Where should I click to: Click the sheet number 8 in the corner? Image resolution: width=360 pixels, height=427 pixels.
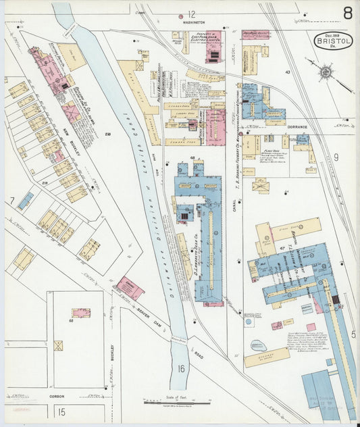tap(346, 14)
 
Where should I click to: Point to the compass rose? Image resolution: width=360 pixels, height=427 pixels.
tap(326, 71)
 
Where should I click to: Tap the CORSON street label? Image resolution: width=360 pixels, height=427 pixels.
tap(55, 397)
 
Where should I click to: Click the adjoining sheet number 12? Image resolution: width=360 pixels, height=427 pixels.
tap(191, 14)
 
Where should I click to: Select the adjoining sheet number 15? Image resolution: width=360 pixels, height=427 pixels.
tap(61, 411)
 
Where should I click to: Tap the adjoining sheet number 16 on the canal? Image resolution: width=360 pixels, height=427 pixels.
tap(180, 368)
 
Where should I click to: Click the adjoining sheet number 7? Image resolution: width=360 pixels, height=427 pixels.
tap(11, 201)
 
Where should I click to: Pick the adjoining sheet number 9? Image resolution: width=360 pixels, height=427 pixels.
tap(335, 157)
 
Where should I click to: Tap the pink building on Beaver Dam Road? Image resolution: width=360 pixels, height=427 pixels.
tap(130, 288)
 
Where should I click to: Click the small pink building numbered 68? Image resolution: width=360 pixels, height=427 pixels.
tap(81, 313)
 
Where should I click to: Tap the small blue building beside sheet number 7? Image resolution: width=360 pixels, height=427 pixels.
tap(26, 201)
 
